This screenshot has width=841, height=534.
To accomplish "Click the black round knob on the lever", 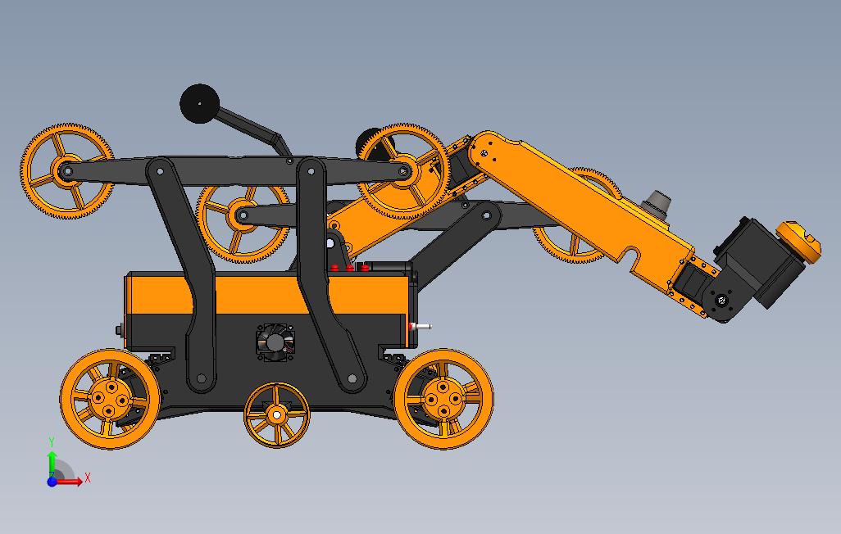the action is click(199, 103).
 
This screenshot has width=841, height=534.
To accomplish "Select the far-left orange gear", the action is click(67, 171).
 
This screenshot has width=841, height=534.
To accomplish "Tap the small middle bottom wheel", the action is click(277, 414).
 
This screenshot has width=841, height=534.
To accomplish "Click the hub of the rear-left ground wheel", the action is click(109, 399).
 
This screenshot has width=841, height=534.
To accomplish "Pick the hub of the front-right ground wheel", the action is click(443, 399).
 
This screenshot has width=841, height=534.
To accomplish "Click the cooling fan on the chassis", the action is click(275, 341).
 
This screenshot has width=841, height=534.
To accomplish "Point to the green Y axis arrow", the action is click(52, 463).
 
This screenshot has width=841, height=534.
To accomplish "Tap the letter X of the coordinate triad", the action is click(88, 477).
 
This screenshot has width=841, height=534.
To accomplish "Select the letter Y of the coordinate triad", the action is click(52, 441).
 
